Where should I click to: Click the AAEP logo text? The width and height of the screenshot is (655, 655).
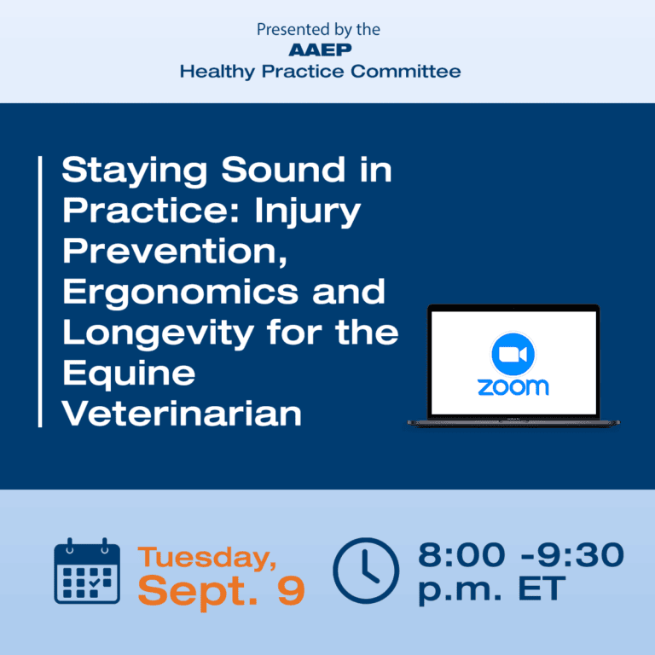[320, 50]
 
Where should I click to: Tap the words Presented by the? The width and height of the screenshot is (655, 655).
[319, 30]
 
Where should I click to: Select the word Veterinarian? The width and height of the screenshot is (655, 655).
[183, 414]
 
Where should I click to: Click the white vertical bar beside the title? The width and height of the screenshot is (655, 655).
[40, 292]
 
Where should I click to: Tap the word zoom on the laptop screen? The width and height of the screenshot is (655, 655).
[513, 386]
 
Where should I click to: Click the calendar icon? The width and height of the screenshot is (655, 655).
[87, 571]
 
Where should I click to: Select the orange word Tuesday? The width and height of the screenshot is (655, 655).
[207, 558]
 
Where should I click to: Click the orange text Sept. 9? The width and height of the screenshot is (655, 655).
[221, 591]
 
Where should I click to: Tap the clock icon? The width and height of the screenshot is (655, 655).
[365, 571]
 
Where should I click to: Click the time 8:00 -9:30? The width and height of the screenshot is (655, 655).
[520, 556]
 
